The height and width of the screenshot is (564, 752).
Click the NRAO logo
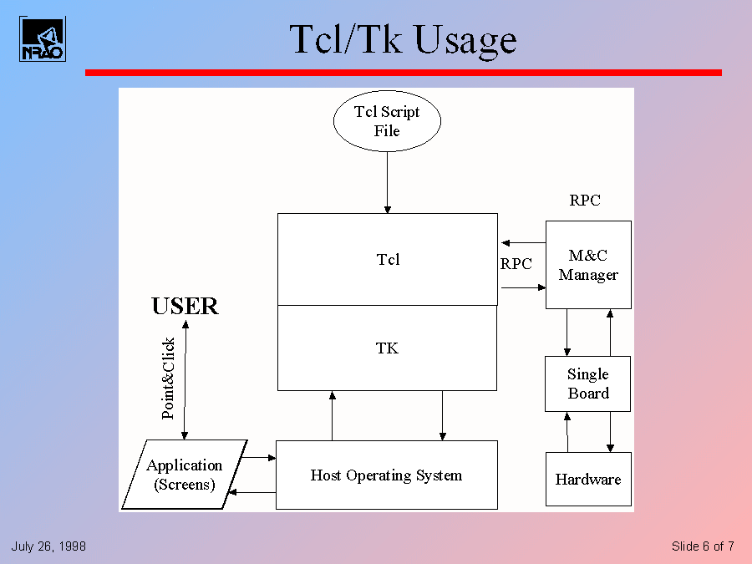pos(42,38)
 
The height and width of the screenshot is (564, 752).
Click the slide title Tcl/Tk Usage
pos(403,39)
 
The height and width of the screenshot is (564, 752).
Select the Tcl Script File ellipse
pos(387,121)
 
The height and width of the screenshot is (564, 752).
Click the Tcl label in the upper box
pos(388,260)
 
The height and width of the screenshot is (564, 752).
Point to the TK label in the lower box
pos(387,348)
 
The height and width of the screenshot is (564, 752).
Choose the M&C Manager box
pos(588,265)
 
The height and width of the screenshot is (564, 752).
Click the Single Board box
pos(588,384)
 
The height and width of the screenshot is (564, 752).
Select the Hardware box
pos(588,480)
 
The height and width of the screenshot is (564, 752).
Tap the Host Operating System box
pos(386,475)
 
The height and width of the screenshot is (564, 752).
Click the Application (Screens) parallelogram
pos(185,475)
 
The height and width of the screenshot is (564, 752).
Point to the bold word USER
pos(185,307)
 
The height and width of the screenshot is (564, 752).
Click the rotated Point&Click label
pos(168,378)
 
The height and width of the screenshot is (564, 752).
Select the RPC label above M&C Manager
pos(585,201)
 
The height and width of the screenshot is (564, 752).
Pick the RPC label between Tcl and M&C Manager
pos(516,264)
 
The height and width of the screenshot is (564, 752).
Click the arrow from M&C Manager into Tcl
pos(522,241)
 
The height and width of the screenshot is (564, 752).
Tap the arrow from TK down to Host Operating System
pos(442,415)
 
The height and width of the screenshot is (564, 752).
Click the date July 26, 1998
pos(48,546)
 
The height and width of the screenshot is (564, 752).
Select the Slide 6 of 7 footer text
pos(703,546)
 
